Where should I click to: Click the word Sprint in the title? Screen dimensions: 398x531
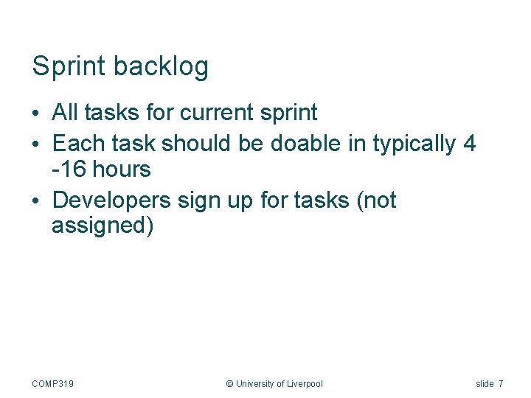(x=69, y=66)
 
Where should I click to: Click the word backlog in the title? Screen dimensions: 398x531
(x=161, y=66)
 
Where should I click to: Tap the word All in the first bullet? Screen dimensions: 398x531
(x=65, y=113)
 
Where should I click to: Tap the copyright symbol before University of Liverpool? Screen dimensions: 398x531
(x=229, y=383)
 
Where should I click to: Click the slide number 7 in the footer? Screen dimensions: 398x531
(x=501, y=383)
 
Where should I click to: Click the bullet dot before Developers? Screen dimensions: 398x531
(x=36, y=201)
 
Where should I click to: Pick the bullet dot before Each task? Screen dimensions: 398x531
(x=36, y=142)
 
